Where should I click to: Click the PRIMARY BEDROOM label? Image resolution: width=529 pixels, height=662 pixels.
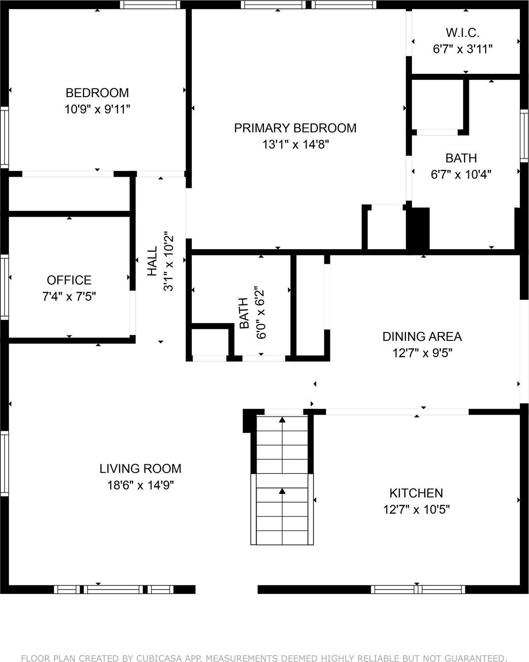(x=295, y=128)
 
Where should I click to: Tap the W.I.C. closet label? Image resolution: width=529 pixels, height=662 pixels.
(x=462, y=33)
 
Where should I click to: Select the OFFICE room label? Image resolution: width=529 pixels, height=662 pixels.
(x=69, y=280)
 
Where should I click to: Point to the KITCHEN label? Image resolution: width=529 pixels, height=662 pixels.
(x=416, y=493)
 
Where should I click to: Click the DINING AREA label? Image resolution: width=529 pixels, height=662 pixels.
(x=422, y=336)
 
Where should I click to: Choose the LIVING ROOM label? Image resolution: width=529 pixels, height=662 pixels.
(x=140, y=468)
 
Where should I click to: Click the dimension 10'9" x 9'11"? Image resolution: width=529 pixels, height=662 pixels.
(x=97, y=109)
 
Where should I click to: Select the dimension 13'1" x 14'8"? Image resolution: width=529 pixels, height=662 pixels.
(x=295, y=144)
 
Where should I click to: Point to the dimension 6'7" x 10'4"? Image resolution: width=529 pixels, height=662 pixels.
(x=461, y=174)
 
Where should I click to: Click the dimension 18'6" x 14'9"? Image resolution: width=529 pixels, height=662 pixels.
(x=140, y=485)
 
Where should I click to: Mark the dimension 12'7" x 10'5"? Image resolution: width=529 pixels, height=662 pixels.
(x=416, y=509)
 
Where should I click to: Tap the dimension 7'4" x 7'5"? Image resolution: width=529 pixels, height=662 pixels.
(x=69, y=297)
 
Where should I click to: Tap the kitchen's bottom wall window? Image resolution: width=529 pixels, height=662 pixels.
(x=418, y=589)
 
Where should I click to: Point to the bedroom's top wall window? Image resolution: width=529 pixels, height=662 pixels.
(x=150, y=5)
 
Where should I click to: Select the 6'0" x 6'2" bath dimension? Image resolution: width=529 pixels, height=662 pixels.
(x=260, y=313)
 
